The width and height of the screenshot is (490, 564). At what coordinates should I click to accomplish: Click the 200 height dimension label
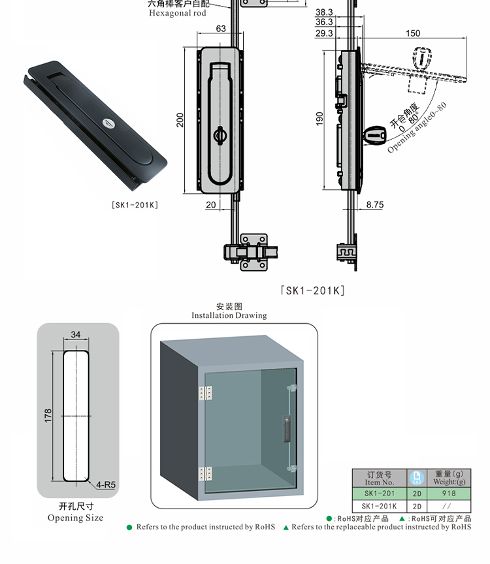point(180,119)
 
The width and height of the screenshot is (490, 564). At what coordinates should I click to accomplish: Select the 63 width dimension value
point(220,29)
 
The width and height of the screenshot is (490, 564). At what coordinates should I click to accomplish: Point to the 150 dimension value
point(412,33)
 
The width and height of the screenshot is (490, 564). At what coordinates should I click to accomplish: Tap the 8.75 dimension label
point(375,205)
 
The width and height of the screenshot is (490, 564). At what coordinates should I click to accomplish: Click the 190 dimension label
point(319,119)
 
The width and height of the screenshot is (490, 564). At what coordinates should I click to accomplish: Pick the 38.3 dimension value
point(324,12)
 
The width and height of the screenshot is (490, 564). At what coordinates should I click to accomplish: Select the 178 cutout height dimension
point(48,416)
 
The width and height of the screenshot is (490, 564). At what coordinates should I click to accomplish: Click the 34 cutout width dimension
point(75,334)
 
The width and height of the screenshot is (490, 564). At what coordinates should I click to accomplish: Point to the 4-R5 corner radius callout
point(105,485)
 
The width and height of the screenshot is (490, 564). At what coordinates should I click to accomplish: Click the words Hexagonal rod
point(177,13)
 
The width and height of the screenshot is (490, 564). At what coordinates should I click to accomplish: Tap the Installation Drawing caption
point(229,315)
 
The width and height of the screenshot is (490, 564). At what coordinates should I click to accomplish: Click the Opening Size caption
point(75,518)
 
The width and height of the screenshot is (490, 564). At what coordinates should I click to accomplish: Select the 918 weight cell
point(448,494)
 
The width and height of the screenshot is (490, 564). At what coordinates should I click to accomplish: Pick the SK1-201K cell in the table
point(380,506)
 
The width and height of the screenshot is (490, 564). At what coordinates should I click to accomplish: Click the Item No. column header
point(380,482)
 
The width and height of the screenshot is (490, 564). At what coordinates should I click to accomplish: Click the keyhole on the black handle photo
point(105,121)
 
